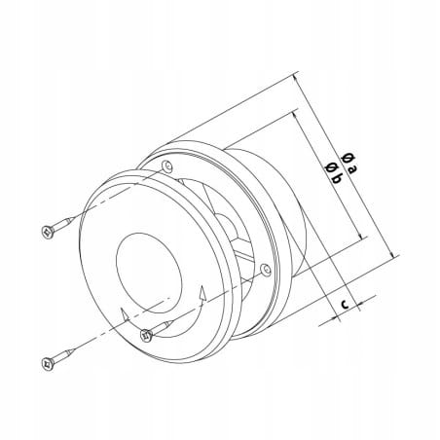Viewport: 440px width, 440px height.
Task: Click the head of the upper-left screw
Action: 48,232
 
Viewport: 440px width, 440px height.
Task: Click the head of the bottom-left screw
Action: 48,362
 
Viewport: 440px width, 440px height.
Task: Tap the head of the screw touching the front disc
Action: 147,335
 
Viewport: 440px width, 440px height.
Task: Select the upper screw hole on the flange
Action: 167,166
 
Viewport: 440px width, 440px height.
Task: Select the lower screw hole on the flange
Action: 266,270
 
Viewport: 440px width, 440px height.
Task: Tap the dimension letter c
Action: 346,304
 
